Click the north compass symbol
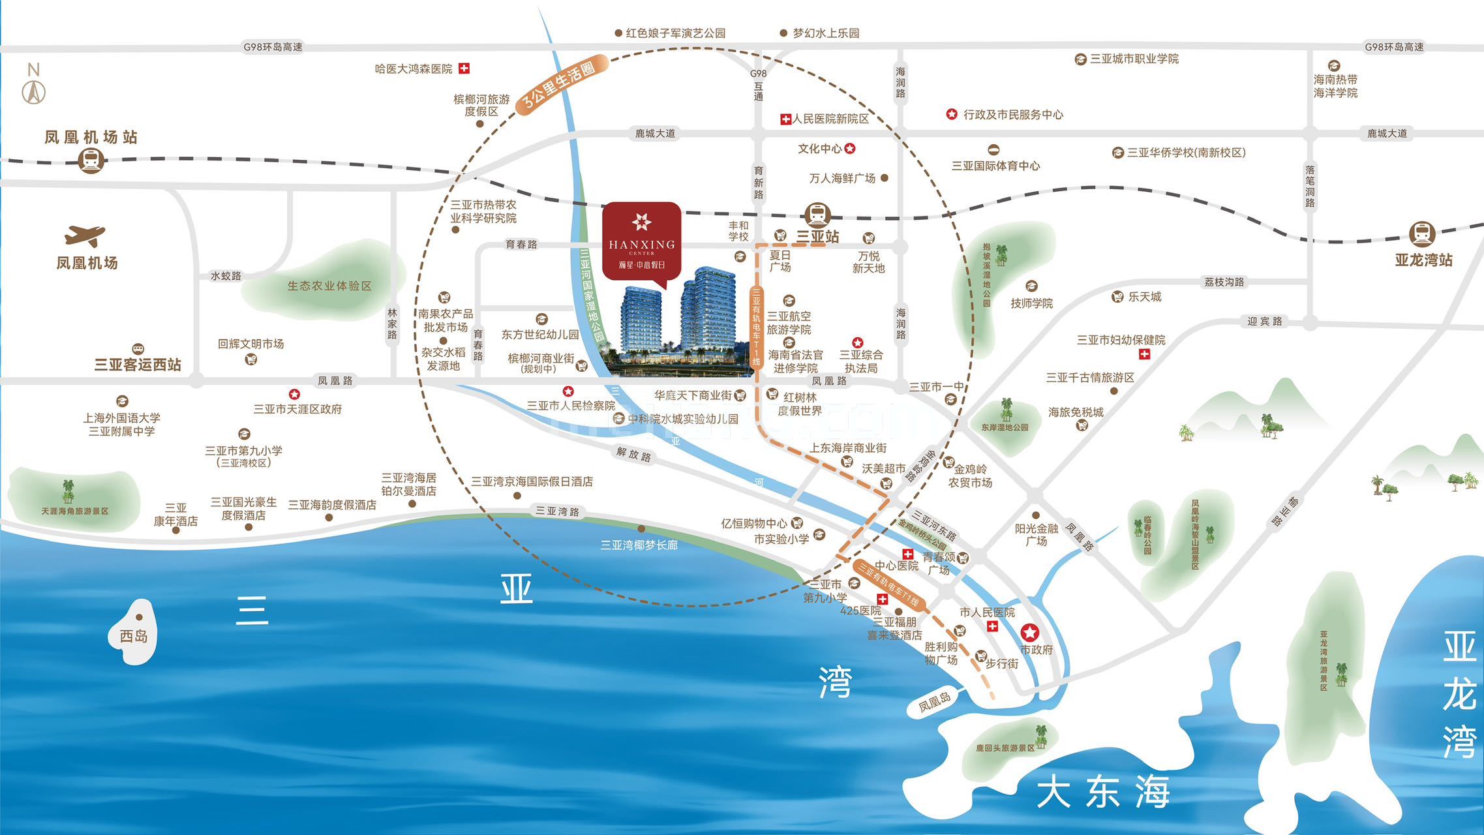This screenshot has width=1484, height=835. [34, 85]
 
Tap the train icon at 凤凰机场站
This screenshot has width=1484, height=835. [91, 160]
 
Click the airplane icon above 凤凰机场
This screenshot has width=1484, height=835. [85, 235]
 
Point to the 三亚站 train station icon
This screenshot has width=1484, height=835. [817, 215]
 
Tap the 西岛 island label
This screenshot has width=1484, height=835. [134, 635]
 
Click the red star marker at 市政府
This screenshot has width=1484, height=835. [1029, 631]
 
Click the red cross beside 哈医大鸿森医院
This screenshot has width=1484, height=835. [464, 68]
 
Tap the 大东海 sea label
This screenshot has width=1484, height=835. [1102, 792]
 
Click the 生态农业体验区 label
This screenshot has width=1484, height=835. [329, 286]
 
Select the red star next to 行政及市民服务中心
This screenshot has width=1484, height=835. [952, 114]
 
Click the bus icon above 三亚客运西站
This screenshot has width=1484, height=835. [138, 348]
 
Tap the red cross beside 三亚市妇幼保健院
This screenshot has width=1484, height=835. [1143, 354]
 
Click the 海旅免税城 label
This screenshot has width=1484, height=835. [1076, 412]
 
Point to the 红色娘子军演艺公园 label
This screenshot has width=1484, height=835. [675, 33]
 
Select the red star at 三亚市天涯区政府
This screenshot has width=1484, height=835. [294, 394]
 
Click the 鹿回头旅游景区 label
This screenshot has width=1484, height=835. [1005, 748]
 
